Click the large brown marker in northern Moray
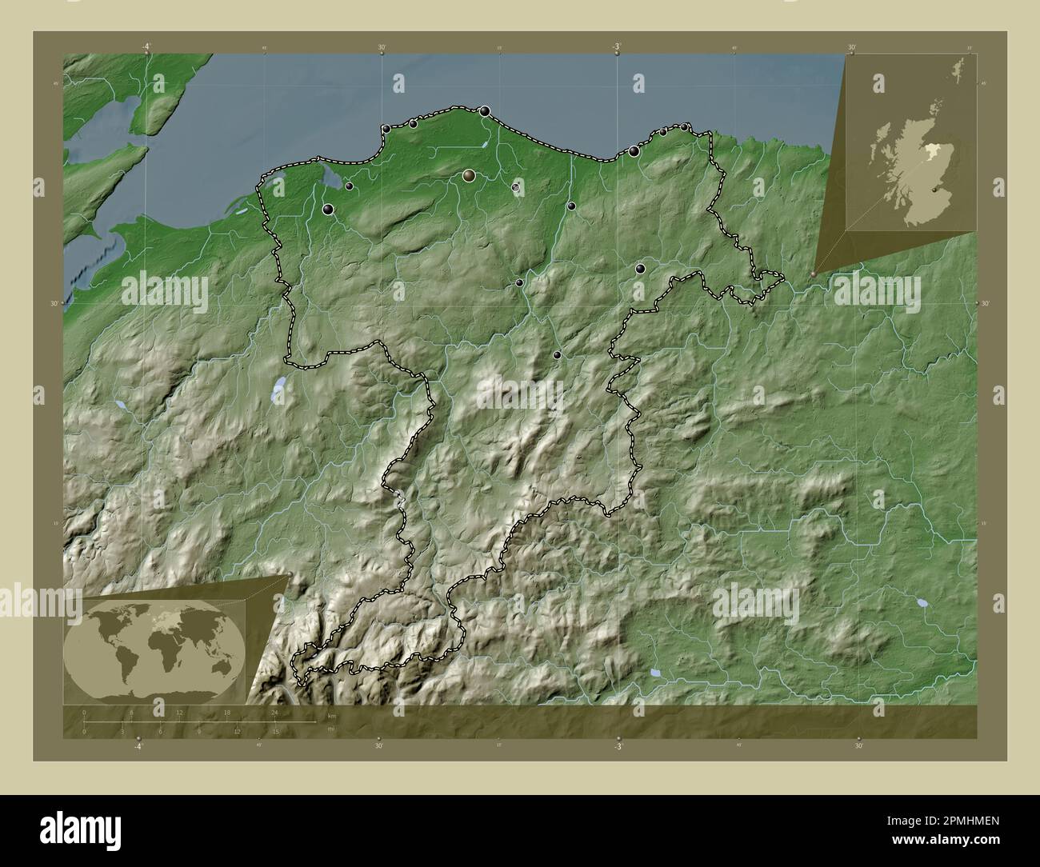tap(469, 175)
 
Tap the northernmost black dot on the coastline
tap(485, 111)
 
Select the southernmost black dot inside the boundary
tap(557, 355)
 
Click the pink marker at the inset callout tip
tap(814, 274)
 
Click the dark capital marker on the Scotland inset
tap(937, 190)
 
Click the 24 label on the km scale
tap(275, 712)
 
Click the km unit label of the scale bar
tap(331, 715)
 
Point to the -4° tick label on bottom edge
tap(139, 746)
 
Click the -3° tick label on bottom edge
tap(618, 746)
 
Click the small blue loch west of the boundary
tap(278, 390)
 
